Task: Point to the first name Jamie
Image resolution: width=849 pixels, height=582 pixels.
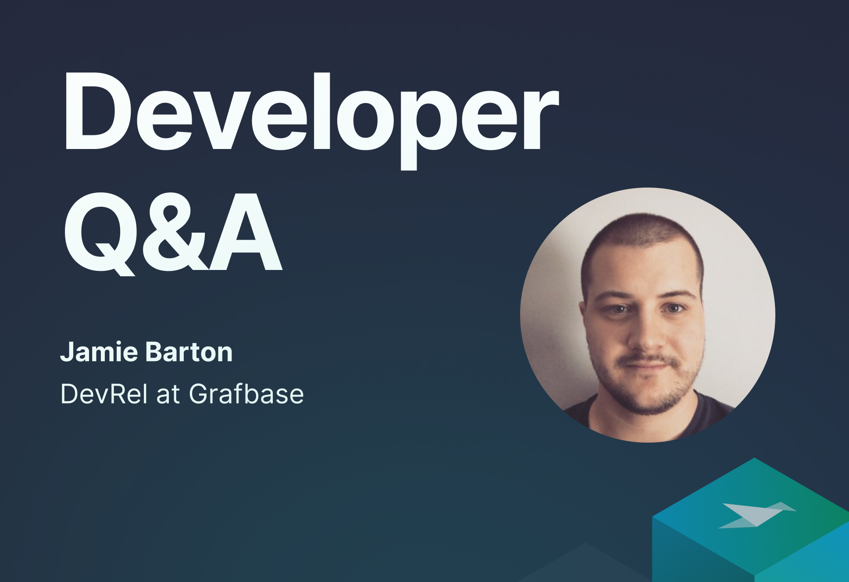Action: [x=99, y=352]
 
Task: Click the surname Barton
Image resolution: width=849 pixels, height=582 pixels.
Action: [x=189, y=352]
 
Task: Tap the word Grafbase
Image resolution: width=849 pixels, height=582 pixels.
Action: [x=246, y=393]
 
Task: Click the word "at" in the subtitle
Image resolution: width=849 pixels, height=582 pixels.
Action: [x=168, y=394]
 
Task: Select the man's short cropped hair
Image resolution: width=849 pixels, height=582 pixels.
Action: [x=642, y=245]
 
